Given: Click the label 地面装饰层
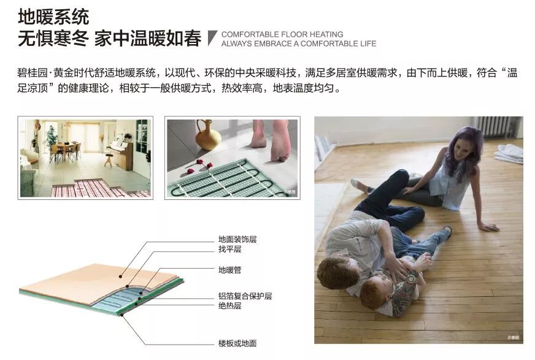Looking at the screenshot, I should coord(237,239).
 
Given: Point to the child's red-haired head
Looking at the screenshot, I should coord(372,294).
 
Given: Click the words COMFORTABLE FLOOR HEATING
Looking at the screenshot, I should coord(282,34).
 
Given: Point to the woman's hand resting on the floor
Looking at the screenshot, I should coord(488,227).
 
